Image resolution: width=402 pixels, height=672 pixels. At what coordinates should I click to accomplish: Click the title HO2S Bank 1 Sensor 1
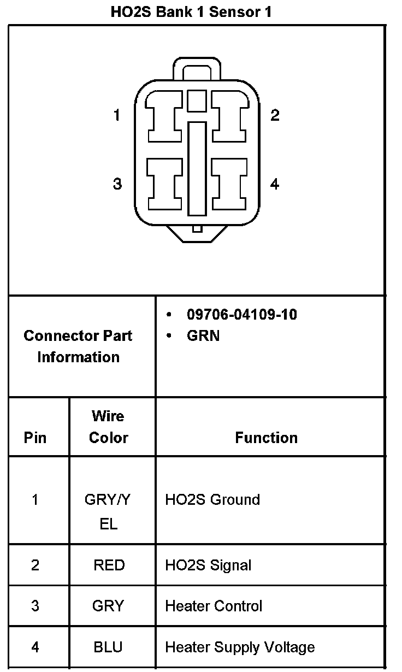tap(191, 12)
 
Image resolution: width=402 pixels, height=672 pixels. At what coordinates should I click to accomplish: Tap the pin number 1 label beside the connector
tap(116, 115)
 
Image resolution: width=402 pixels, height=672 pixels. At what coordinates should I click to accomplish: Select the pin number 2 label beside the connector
tap(275, 115)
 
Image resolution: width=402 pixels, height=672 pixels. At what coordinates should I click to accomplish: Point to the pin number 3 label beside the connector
tap(117, 184)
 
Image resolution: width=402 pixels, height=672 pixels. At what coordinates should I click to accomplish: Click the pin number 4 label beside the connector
tap(275, 184)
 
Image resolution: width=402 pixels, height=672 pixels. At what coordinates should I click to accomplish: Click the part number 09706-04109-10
tap(242, 315)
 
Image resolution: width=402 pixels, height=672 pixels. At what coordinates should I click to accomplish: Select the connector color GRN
tap(203, 335)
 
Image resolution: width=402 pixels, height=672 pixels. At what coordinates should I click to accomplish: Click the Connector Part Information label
tap(78, 346)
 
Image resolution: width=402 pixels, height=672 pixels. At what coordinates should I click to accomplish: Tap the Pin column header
tap(35, 438)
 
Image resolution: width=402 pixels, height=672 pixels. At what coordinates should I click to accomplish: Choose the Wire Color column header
tap(108, 427)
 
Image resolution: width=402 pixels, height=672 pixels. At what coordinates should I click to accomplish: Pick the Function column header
tap(267, 438)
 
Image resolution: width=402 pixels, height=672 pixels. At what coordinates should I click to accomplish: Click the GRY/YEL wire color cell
tap(108, 511)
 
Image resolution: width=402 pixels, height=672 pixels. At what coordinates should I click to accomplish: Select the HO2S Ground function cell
tap(212, 499)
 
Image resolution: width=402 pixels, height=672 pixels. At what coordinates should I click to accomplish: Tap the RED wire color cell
tap(109, 565)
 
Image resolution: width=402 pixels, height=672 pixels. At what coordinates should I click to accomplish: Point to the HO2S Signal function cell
tap(208, 565)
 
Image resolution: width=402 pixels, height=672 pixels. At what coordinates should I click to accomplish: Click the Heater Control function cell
tap(214, 606)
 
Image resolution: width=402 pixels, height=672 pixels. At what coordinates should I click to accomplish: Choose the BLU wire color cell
tap(108, 647)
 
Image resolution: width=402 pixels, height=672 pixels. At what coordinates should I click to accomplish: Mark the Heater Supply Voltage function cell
tap(240, 647)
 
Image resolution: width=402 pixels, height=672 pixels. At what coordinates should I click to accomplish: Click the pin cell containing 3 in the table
tap(35, 606)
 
